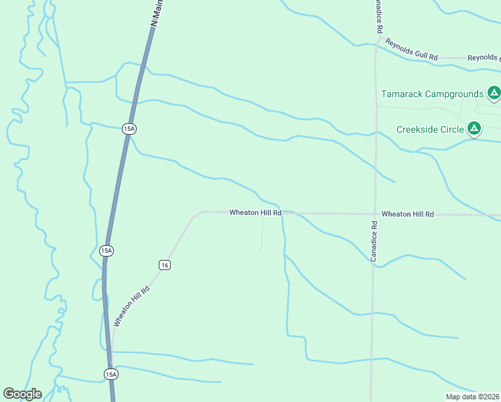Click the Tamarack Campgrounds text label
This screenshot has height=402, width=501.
(x=432, y=94)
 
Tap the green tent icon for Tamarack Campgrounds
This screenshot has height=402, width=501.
(x=494, y=93)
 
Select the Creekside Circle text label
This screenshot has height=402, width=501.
(x=430, y=129)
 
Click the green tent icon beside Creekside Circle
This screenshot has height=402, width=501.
(x=474, y=128)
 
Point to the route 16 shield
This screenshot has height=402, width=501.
(x=165, y=265)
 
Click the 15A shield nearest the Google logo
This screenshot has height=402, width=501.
(x=111, y=374)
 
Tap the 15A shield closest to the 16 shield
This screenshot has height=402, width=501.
(x=106, y=251)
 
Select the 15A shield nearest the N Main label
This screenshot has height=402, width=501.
(x=129, y=129)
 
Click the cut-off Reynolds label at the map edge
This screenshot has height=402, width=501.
(x=484, y=58)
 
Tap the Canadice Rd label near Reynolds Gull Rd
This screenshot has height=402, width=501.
(x=378, y=17)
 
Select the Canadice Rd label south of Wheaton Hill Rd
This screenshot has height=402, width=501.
(x=375, y=242)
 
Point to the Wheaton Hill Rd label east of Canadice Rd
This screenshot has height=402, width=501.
(x=408, y=214)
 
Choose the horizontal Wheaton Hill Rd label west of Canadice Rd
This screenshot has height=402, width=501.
(x=255, y=212)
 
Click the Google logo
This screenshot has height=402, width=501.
(x=22, y=394)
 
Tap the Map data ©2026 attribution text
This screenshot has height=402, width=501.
(x=472, y=397)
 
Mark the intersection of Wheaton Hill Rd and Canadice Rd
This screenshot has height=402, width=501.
(x=374, y=214)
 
